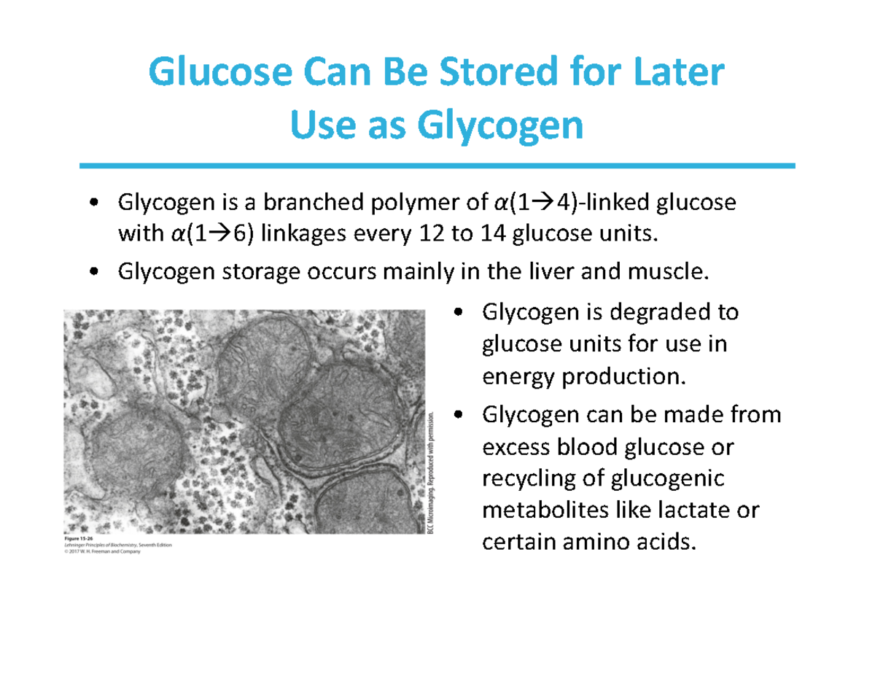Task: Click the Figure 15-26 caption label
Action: click(x=78, y=539)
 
